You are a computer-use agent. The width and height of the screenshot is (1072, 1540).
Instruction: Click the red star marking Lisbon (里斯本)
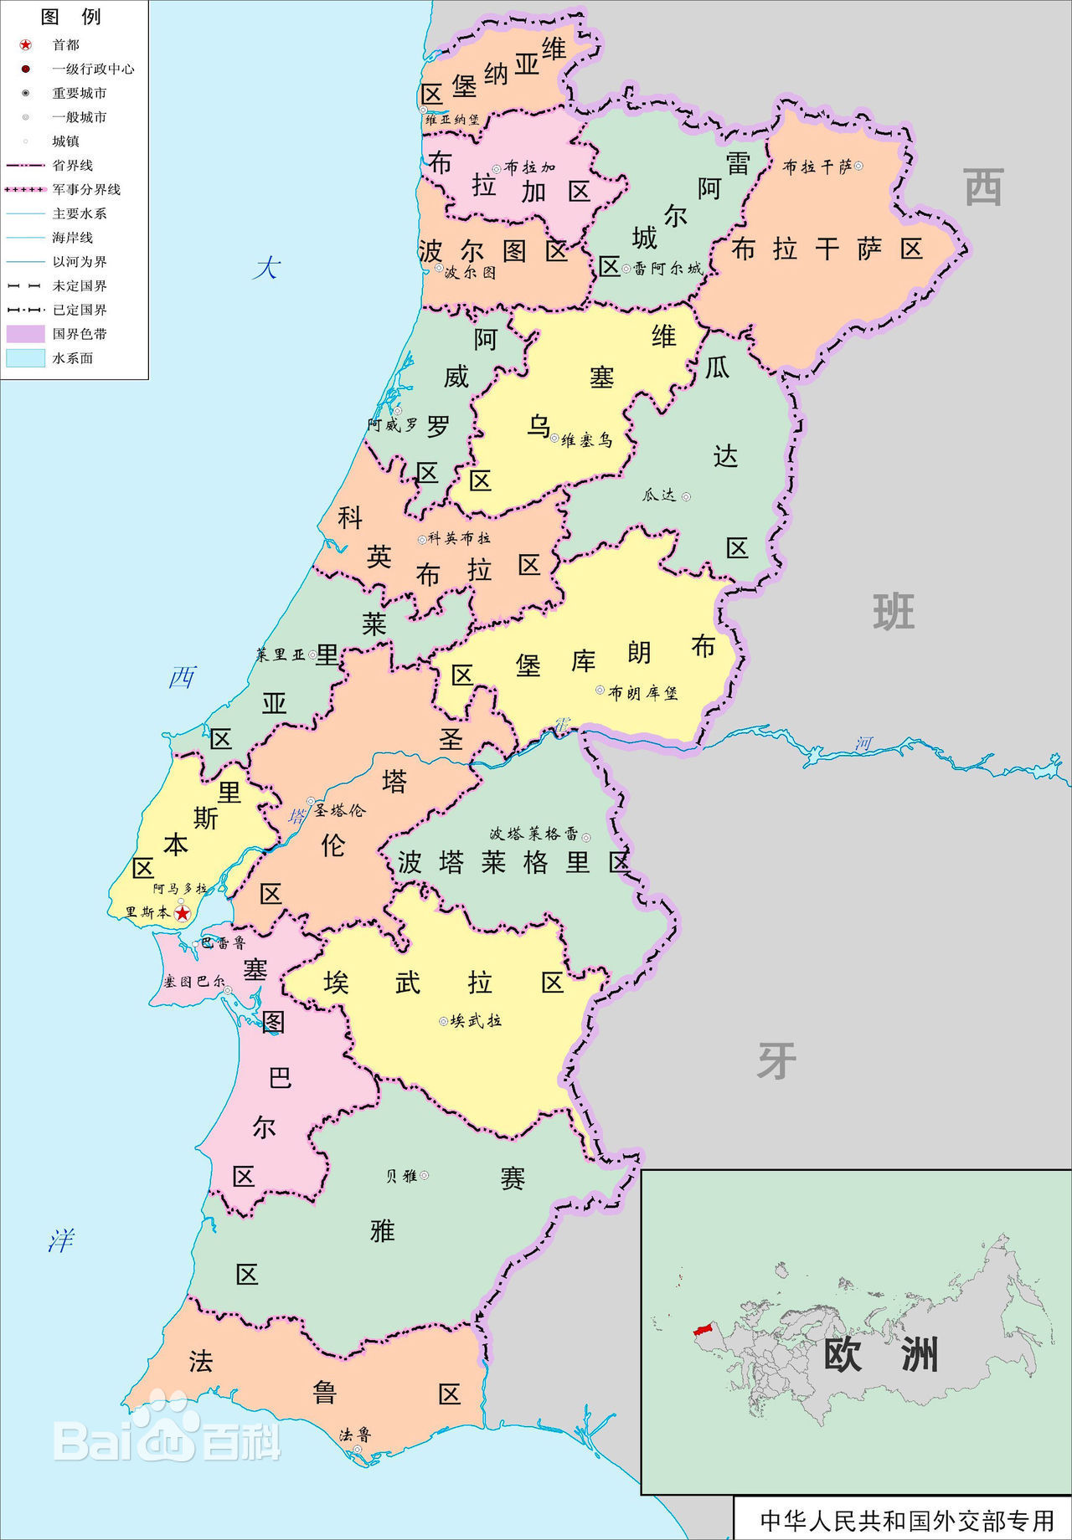coord(182,913)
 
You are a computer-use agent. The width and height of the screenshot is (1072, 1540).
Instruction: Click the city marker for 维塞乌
coord(554,437)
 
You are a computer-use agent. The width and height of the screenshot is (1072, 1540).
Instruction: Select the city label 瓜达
coord(658,495)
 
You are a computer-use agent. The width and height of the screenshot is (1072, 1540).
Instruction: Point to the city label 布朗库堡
coord(642,692)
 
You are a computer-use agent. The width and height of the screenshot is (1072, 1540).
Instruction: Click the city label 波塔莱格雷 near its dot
coord(533,834)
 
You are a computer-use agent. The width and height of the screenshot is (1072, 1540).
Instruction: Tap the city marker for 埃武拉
coord(444,1020)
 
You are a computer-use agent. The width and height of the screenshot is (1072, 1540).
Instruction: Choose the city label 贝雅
coord(401,1175)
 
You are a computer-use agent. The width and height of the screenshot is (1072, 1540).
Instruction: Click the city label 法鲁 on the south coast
coord(354,1435)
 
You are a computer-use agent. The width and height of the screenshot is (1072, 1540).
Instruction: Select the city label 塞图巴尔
coord(193,982)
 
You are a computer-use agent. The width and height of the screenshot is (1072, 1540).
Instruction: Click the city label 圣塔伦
coord(340,810)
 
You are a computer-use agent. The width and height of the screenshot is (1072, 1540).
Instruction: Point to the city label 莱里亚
coord(281,654)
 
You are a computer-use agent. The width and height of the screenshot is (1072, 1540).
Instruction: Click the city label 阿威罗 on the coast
coord(392,425)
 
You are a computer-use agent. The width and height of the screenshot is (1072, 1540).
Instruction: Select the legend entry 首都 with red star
coord(65,44)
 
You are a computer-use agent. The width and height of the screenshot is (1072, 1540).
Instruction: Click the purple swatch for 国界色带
coord(25,334)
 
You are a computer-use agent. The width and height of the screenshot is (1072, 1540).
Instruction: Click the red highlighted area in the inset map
coord(701,1329)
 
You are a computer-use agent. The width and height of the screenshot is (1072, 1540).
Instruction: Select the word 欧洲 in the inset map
coord(879,1354)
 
